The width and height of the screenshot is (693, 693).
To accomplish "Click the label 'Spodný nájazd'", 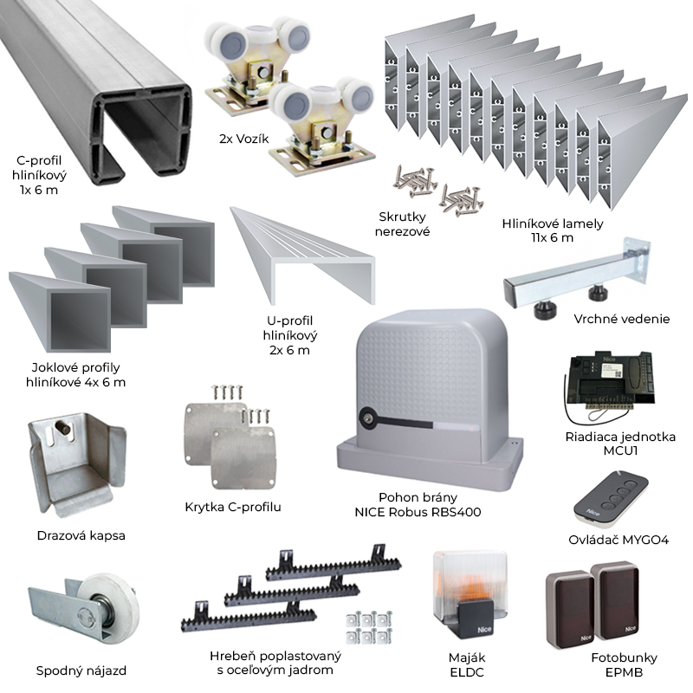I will coord(78,670).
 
